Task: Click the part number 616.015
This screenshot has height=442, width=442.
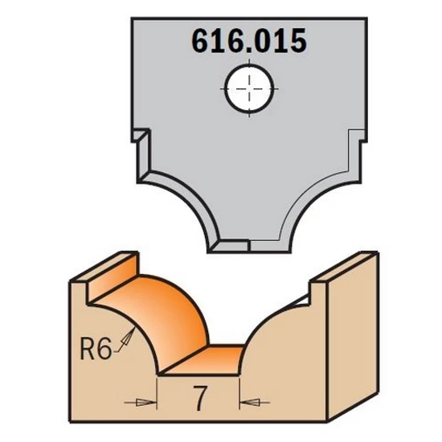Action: tap(249, 41)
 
